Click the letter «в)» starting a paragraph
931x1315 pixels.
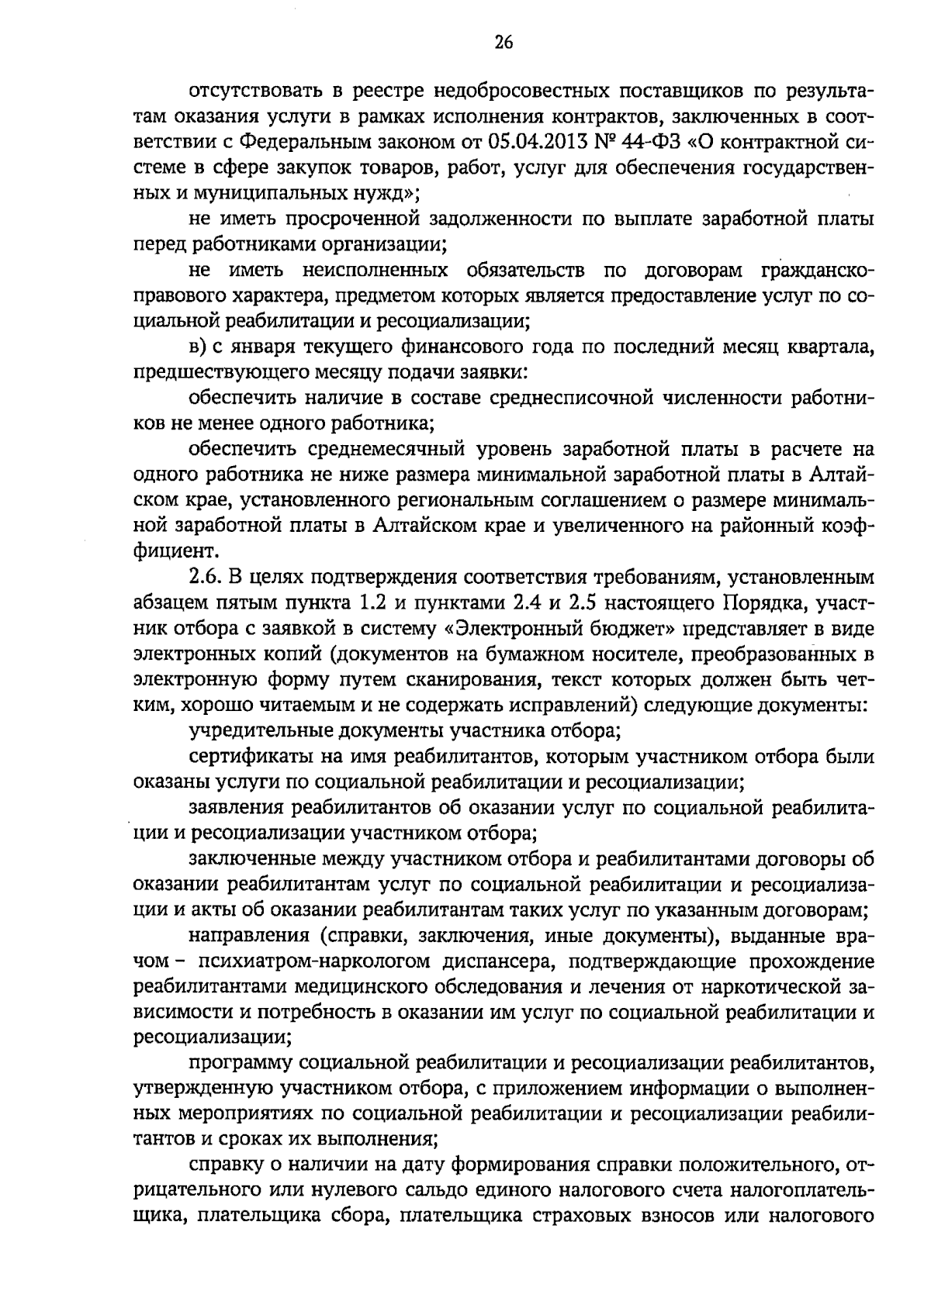(198, 347)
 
